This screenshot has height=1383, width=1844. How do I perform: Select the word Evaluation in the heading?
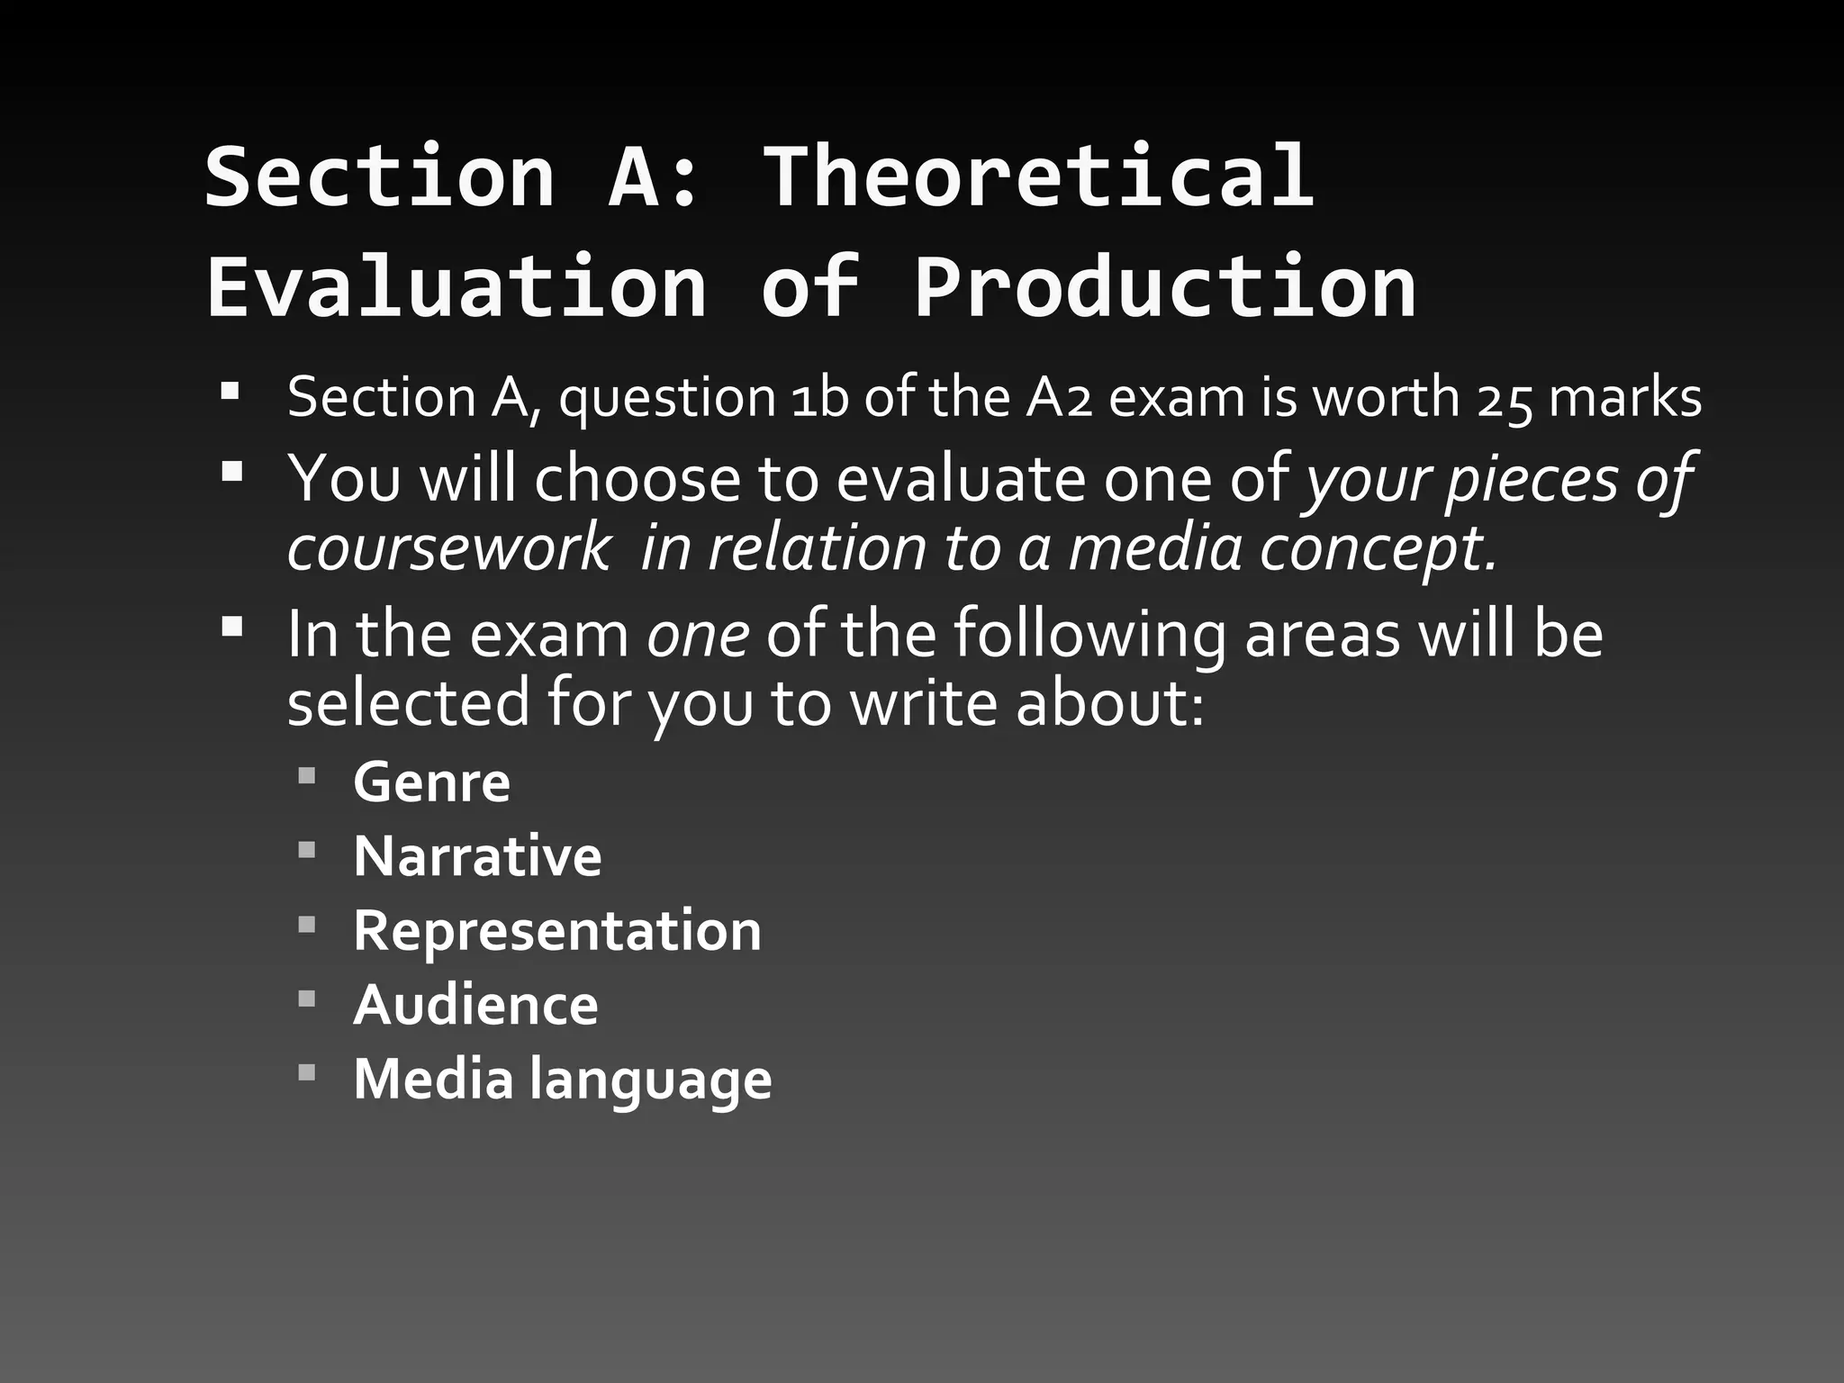456,287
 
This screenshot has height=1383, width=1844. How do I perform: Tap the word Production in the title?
1165,287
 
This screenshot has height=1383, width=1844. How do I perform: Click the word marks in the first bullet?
1625,398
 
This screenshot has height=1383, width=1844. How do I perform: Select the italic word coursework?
448,549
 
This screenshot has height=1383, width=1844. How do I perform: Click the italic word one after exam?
698,634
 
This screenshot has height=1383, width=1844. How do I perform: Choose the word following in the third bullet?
1089,634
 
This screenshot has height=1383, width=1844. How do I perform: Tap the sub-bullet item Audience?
475,1005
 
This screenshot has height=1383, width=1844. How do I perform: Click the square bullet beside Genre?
307,775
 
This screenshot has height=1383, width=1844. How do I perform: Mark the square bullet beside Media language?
307,1072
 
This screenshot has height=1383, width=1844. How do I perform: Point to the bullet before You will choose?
231,471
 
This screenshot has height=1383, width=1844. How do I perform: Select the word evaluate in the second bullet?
960,479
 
